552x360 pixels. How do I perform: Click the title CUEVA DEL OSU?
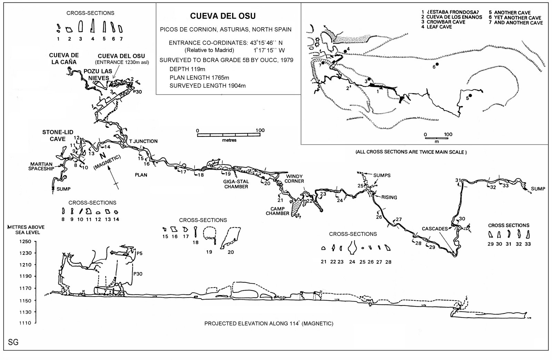(223, 16)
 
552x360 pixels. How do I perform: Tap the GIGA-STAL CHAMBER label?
(236, 184)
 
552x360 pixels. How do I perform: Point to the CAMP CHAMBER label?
(277, 211)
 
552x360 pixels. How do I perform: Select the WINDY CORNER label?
(294, 179)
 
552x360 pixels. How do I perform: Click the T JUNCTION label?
(144, 141)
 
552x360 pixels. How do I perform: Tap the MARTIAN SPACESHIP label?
(41, 166)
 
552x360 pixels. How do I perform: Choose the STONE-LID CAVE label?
(58, 136)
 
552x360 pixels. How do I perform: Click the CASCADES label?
(435, 229)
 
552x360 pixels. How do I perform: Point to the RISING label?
(389, 197)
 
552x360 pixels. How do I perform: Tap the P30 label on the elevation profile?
(138, 274)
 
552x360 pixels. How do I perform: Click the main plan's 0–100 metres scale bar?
(229, 135)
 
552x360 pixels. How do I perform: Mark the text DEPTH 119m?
(187, 69)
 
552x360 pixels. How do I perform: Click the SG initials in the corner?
(13, 342)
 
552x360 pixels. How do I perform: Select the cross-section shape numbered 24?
(352, 248)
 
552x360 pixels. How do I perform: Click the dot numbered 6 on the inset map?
(437, 64)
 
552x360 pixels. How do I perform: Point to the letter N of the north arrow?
(103, 156)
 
